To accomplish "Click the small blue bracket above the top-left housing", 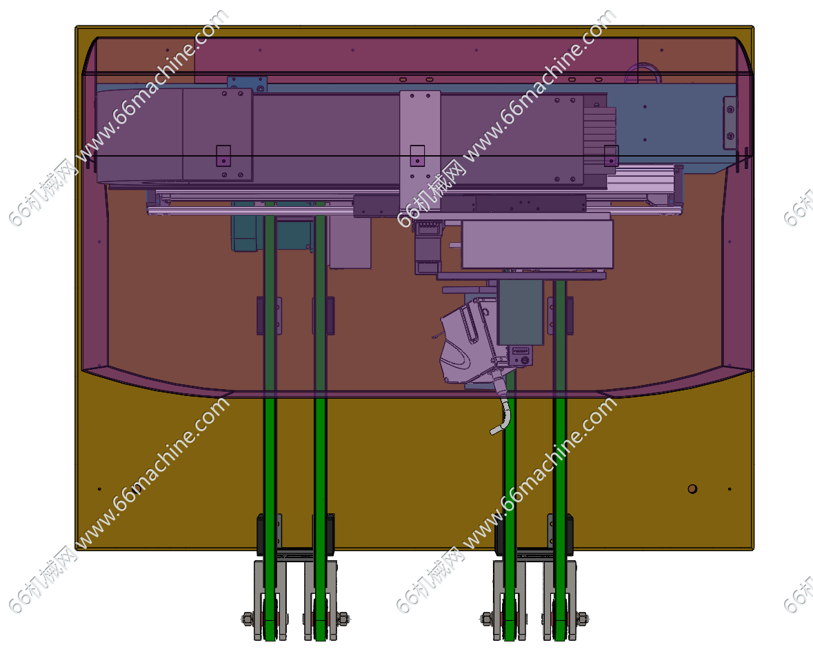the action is [248, 84].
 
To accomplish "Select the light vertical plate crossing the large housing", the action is [420, 150].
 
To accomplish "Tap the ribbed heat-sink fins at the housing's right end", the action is [600, 133].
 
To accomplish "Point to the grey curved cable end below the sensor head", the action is [502, 415].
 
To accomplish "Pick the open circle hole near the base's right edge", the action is [692, 488].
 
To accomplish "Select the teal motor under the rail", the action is [245, 233].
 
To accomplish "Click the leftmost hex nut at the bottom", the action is [248, 618].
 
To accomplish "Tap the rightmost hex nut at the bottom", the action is [582, 618].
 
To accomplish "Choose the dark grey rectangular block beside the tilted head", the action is [520, 313].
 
